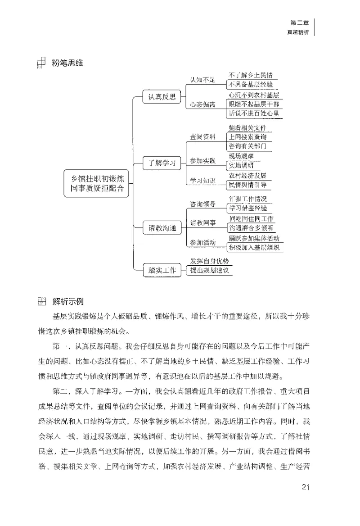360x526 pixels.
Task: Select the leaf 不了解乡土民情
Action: [x=252, y=75]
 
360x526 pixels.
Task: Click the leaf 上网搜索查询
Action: [x=250, y=136]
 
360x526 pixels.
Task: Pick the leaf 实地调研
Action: [x=243, y=165]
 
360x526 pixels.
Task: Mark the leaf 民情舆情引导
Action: [x=250, y=184]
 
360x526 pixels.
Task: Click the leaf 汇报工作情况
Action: [x=250, y=199]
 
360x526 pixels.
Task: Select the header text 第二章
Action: [x=299, y=22]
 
